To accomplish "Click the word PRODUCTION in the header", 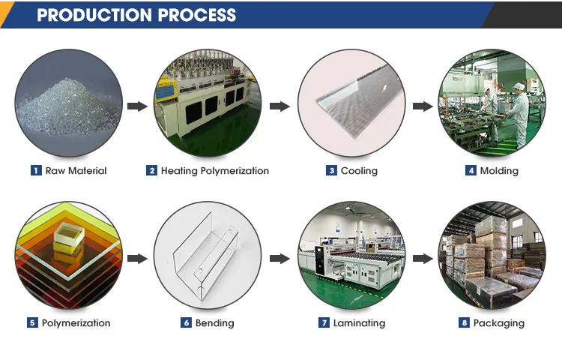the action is tap(94, 15).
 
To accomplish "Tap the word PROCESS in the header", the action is tap(197, 15).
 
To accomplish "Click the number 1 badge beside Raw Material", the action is tap(36, 170).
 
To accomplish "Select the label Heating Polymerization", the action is tap(215, 171).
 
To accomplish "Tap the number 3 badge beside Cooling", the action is tap(331, 170).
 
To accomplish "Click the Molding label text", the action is tap(499, 171).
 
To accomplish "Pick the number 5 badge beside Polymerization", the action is tap(32, 322).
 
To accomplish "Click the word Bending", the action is tap(215, 323).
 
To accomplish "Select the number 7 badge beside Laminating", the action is tap(324, 322).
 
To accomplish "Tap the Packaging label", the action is tap(498, 323).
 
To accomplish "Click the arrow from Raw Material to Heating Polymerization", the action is tap(137, 106).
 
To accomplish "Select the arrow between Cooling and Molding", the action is tap(423, 106).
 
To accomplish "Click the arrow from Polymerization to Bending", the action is tap(137, 259).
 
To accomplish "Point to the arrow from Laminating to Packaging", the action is tap(423, 259).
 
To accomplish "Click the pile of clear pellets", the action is tap(68, 107).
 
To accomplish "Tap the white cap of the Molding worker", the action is tap(519, 87).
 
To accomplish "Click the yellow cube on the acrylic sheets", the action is tap(69, 239).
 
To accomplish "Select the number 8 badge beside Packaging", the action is tap(464, 322).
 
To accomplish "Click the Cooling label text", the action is tap(359, 171).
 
